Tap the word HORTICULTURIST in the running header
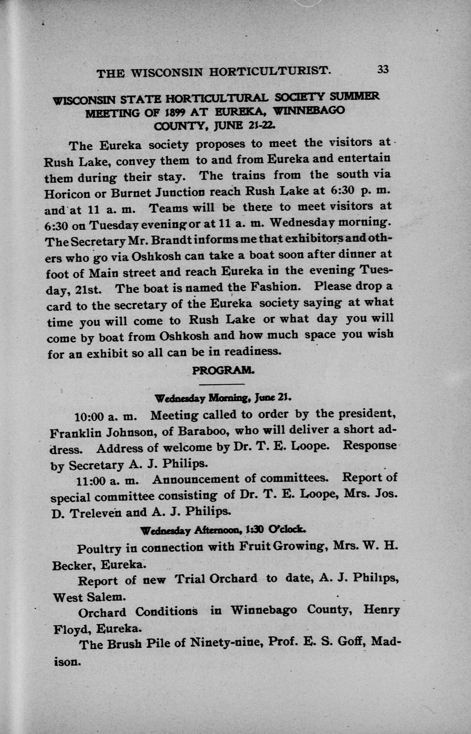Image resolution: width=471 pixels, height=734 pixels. [270, 72]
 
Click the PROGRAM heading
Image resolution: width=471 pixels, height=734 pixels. [223, 371]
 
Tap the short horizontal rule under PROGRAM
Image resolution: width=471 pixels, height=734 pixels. [222, 384]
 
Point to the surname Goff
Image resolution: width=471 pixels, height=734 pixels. [350, 643]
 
